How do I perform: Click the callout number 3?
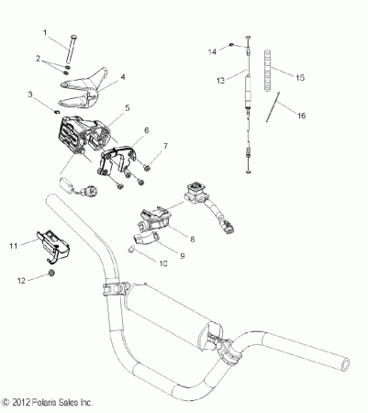[x=32, y=95]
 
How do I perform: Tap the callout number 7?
[x=166, y=146]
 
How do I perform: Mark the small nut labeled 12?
[x=52, y=274]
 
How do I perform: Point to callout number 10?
[x=164, y=262]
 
